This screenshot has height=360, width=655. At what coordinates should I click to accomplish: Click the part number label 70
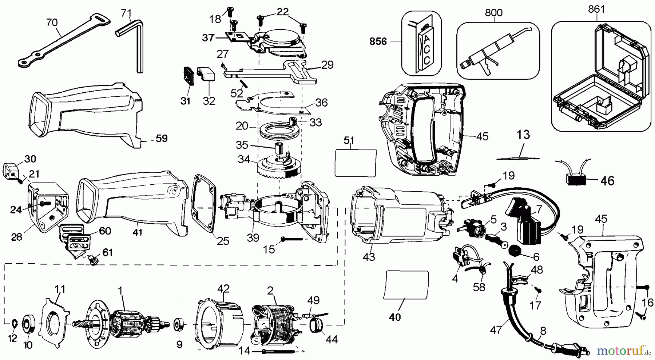coord(52,23)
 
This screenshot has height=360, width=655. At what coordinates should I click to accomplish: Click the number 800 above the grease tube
coord(493,13)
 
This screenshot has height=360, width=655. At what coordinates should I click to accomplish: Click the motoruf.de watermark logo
coord(623,351)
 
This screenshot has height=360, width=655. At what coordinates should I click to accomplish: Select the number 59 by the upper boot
coord(162,138)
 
